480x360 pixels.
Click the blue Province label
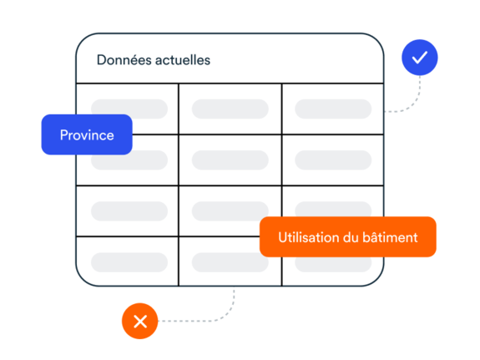point(87,134)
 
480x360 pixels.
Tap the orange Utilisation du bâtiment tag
point(348,237)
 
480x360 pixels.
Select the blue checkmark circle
point(420,58)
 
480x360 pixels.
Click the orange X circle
point(140,321)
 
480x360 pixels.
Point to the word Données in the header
point(124,60)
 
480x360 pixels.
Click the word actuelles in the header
point(183,60)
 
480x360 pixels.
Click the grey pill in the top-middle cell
point(230,109)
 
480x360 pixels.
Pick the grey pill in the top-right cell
point(333,109)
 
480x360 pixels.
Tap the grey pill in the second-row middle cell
point(230,160)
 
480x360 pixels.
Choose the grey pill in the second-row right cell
point(333,160)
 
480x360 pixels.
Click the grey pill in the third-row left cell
point(129,211)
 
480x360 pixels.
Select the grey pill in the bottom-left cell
point(129,262)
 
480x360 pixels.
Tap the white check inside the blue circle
point(420,58)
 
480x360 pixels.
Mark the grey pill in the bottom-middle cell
point(226,263)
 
